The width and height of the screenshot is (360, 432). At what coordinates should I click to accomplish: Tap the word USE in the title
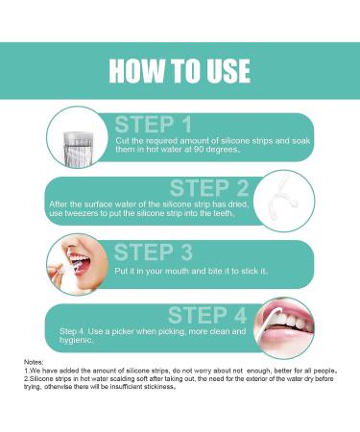228,71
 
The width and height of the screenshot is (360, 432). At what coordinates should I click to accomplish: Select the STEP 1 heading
154,125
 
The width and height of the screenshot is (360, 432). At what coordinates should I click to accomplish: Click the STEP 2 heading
209,188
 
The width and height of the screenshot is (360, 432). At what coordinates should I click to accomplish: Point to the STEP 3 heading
154,252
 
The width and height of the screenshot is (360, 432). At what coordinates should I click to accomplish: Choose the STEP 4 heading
207,315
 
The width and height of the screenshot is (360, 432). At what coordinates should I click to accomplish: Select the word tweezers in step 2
82,213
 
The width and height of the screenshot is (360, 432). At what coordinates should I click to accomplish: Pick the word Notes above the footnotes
34,362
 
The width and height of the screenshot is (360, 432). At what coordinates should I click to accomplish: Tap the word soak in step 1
300,141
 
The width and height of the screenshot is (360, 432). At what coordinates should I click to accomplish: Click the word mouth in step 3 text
176,271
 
